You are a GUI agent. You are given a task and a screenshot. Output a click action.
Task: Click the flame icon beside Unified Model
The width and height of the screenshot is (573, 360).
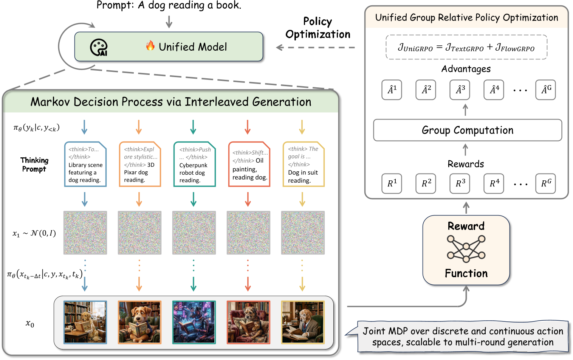pyautogui.click(x=150, y=46)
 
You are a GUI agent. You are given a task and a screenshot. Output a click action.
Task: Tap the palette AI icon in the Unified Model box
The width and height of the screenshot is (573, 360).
pyautogui.click(x=99, y=48)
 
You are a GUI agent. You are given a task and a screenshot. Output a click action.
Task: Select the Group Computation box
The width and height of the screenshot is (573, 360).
pyautogui.click(x=467, y=130)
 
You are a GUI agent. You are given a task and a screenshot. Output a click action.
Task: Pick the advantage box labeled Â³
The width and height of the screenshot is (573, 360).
pyautogui.click(x=460, y=90)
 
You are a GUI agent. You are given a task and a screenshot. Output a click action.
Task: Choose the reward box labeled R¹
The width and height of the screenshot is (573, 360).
pyautogui.click(x=392, y=183)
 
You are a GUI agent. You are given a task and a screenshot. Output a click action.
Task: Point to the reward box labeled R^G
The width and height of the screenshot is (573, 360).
pyautogui.click(x=545, y=183)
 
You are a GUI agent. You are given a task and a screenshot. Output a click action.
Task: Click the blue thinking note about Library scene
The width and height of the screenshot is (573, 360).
pyautogui.click(x=85, y=164)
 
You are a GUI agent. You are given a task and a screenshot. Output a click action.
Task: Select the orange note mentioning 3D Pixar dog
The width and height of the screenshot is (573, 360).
pyautogui.click(x=139, y=164)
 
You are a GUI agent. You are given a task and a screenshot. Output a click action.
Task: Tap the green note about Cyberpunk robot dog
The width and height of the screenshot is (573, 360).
pyautogui.click(x=194, y=164)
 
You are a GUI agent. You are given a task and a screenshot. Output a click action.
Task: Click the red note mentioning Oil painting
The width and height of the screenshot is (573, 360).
pyautogui.click(x=249, y=164)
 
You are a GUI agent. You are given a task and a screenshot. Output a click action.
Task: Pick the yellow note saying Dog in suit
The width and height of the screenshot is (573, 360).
pyautogui.click(x=303, y=164)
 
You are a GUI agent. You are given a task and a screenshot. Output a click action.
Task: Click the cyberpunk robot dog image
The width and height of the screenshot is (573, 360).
pyautogui.click(x=194, y=322)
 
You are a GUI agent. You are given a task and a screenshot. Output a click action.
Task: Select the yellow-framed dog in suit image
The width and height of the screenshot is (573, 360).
pyautogui.click(x=303, y=322)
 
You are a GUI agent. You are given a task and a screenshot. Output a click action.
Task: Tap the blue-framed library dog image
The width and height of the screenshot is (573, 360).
pyautogui.click(x=85, y=322)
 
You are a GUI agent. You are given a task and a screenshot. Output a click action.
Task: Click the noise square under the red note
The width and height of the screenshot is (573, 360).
pyautogui.click(x=248, y=233)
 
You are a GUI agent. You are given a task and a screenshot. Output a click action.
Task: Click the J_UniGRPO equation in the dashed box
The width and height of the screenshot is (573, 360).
pyautogui.click(x=466, y=47)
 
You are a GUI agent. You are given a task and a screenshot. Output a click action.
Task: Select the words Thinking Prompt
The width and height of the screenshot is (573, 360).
pyautogui.click(x=34, y=164)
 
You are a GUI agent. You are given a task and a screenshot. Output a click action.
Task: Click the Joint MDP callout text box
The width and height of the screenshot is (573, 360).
pyautogui.click(x=463, y=337)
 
